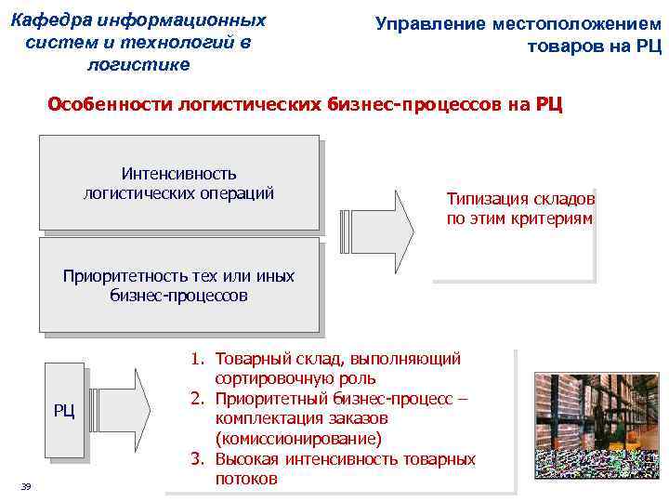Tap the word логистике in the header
(137, 64)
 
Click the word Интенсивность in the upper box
(178, 174)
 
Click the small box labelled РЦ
(64, 412)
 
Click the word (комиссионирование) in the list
(297, 439)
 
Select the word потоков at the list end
(245, 479)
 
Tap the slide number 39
(26, 487)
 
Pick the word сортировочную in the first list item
(269, 378)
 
